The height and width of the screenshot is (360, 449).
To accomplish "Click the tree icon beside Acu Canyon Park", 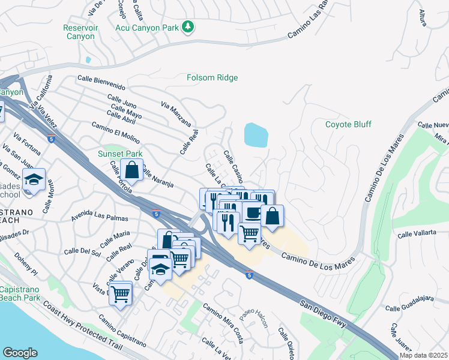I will point(188,26).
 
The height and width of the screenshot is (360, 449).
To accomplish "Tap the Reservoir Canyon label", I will point(80,32).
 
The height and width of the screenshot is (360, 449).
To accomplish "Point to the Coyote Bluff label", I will point(348,125).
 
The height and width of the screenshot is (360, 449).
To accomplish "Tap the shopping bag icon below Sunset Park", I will point(131,170).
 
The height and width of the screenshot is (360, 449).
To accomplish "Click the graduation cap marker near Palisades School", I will point(34,179).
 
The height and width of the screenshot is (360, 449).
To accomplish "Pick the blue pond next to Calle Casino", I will point(256,135).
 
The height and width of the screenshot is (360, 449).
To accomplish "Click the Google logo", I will point(20,353).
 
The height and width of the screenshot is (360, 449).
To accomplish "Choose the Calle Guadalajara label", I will point(409,307).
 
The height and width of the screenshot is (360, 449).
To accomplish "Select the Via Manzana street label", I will point(176,115).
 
